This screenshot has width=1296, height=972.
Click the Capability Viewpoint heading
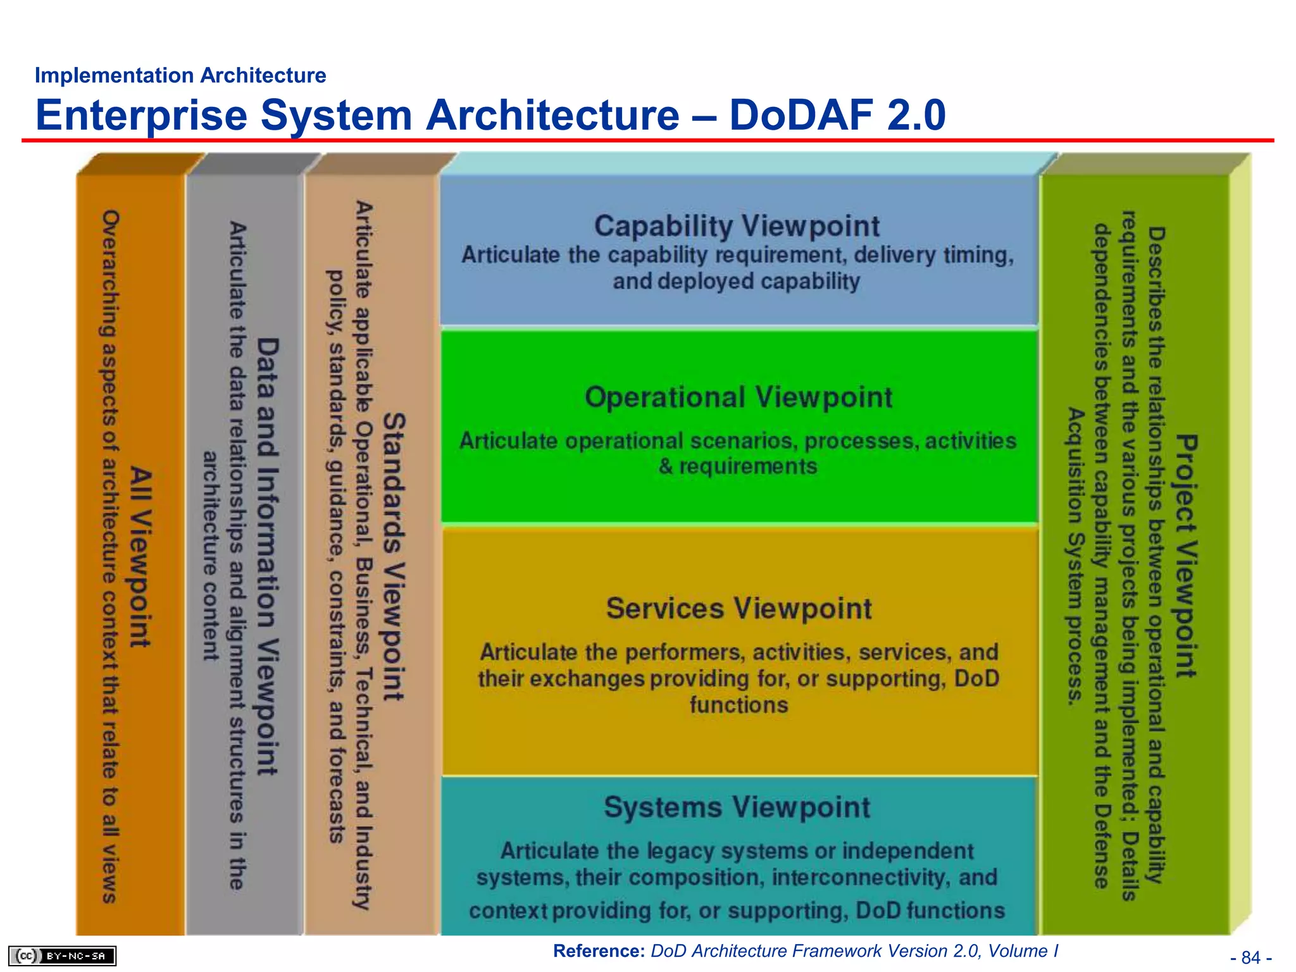click(x=737, y=226)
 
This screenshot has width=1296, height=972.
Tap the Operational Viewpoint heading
click(x=738, y=397)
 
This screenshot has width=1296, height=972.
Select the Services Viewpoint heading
click(x=738, y=609)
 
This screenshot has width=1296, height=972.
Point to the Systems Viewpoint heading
click(x=737, y=807)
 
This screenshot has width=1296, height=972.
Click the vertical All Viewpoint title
click(x=141, y=557)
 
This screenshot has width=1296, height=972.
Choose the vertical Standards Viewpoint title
click(x=394, y=557)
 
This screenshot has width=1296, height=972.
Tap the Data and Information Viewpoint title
click(x=268, y=557)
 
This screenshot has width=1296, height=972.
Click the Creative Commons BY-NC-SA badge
click(x=63, y=956)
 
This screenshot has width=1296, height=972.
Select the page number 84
click(x=1251, y=957)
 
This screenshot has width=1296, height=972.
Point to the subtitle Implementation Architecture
click(x=180, y=75)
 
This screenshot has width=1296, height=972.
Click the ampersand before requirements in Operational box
click(x=666, y=467)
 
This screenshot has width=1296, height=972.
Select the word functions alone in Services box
click(x=738, y=705)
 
